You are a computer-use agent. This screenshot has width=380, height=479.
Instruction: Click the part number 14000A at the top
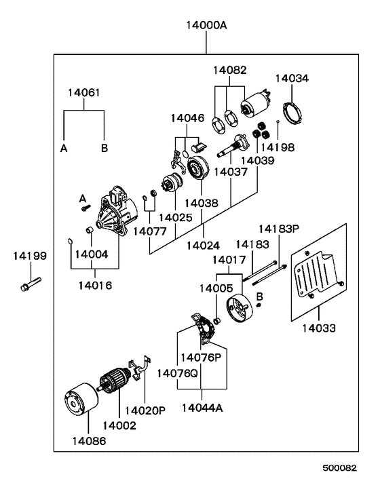[x=206, y=25]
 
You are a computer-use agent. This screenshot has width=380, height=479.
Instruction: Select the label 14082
[x=230, y=71]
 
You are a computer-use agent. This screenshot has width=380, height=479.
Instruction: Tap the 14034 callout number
[x=292, y=79]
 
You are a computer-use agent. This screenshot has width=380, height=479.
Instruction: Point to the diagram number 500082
[x=340, y=467]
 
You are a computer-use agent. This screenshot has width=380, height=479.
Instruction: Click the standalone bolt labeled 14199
[x=31, y=284]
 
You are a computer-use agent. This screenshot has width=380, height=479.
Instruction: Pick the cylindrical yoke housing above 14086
[x=81, y=399]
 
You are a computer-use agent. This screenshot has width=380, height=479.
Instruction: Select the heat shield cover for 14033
[x=319, y=272]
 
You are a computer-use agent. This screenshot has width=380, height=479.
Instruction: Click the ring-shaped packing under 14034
[x=292, y=113]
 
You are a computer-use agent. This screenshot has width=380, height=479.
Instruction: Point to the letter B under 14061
[x=104, y=149]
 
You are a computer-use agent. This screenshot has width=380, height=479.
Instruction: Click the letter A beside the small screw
[x=83, y=199]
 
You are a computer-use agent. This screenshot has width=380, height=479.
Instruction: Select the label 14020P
[x=145, y=410]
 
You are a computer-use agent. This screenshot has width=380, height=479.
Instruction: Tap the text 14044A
[x=202, y=408]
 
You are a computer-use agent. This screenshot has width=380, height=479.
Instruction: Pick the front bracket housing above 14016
[x=115, y=211]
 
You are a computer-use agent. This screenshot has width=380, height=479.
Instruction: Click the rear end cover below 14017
[x=240, y=308]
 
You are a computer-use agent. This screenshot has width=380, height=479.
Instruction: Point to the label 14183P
[x=279, y=229]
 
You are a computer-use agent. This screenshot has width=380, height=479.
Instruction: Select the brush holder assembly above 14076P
[x=203, y=328]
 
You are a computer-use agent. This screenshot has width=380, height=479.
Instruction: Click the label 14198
[x=278, y=147]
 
